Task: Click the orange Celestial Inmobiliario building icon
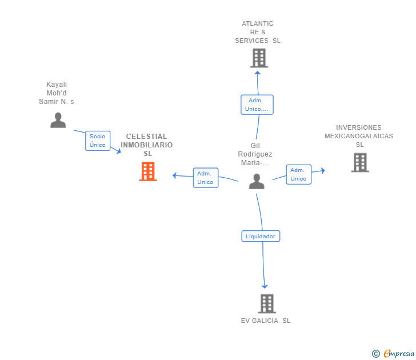click(x=148, y=171)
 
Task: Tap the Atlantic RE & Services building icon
click(x=259, y=58)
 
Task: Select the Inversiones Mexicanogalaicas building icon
click(x=360, y=162)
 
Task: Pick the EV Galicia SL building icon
click(x=267, y=303)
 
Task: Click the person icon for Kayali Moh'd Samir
click(x=58, y=120)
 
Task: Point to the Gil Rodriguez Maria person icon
click(x=257, y=181)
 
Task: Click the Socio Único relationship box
click(x=98, y=141)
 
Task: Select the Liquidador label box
click(x=261, y=236)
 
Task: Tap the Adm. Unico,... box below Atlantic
click(x=257, y=105)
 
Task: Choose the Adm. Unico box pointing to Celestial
click(x=206, y=178)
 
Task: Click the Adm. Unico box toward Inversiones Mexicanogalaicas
click(x=298, y=174)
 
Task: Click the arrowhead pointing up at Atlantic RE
click(x=257, y=73)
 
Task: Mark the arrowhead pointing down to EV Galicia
click(x=265, y=286)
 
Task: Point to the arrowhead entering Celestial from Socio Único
click(x=119, y=151)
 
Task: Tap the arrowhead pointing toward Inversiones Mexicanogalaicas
click(x=323, y=170)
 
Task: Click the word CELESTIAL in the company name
click(x=146, y=137)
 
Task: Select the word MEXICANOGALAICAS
click(x=359, y=136)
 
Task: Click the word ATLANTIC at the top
click(x=258, y=23)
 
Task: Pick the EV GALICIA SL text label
click(x=266, y=321)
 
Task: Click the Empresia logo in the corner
click(x=393, y=353)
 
